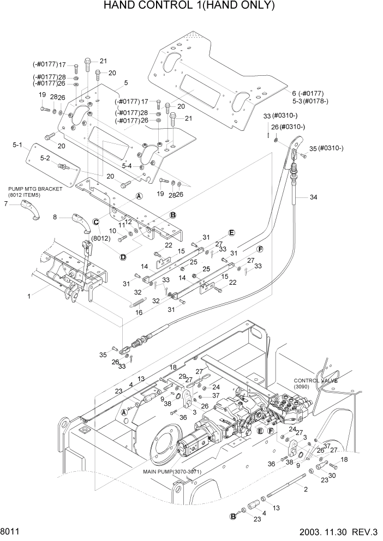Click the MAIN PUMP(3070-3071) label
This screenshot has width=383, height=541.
[x=172, y=472]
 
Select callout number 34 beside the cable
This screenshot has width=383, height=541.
[x=313, y=197]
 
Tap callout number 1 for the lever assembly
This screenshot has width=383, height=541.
[x=28, y=296]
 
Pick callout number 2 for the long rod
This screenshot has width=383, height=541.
[x=306, y=489]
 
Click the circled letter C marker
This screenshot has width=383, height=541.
[x=96, y=221]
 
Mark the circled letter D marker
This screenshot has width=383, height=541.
[x=123, y=257]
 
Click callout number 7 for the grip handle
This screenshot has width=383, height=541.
[x=6, y=204]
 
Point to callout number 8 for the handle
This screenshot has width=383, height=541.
[x=55, y=217]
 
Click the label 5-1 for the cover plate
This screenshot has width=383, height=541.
[x=17, y=146]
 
